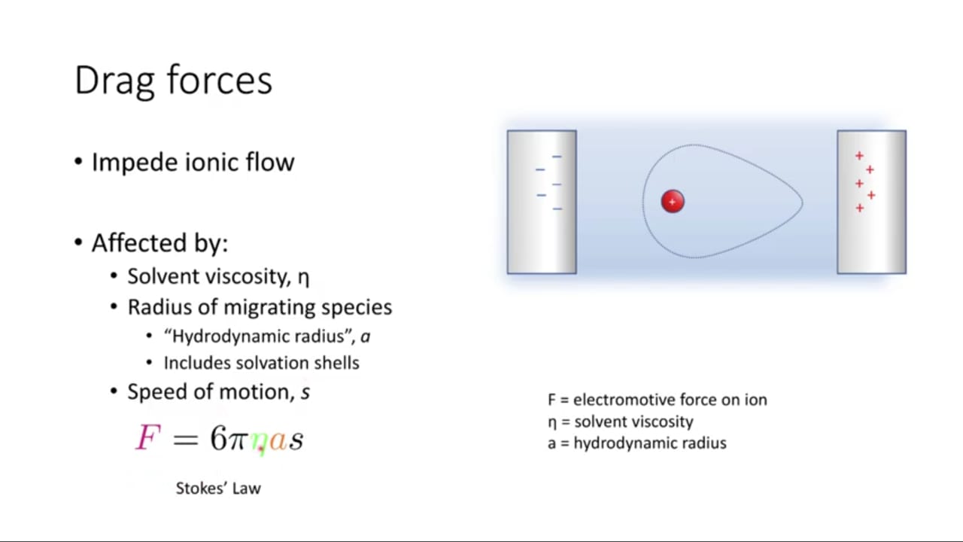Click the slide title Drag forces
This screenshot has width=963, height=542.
pos(173,81)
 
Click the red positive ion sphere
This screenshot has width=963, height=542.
pos(673,201)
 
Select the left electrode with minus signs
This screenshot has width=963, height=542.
pos(542,202)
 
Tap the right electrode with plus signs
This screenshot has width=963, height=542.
pos(871,202)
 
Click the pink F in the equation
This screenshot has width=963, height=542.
pos(148,437)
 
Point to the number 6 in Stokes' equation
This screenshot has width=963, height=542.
pos(218,438)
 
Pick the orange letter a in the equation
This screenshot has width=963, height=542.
pos(278,441)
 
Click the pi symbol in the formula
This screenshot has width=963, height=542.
pos(238,441)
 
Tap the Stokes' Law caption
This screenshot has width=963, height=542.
pos(218,489)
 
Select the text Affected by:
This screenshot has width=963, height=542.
pos(160,243)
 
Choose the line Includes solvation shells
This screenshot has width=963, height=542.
pos(261,363)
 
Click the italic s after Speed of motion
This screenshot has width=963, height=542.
pos(305,393)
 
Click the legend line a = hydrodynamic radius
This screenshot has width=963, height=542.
pos(637,443)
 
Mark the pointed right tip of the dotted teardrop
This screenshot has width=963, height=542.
pos(802,202)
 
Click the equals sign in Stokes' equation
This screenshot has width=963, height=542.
pos(186,440)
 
